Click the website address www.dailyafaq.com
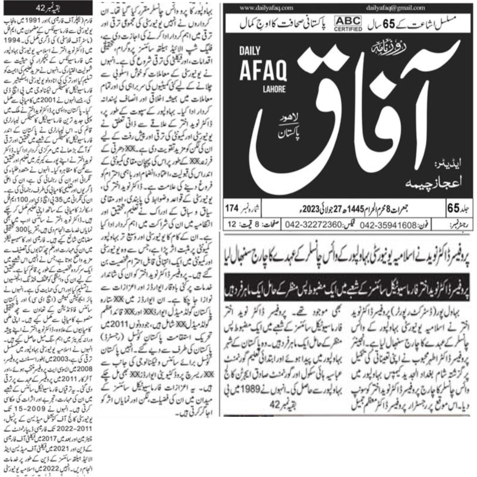(x=266, y=8)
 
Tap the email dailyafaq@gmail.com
(x=395, y=8)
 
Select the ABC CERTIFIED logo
(x=348, y=24)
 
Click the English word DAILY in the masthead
(x=250, y=51)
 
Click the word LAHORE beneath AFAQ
(x=274, y=89)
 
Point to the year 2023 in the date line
(x=311, y=209)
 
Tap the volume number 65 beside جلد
(x=453, y=208)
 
